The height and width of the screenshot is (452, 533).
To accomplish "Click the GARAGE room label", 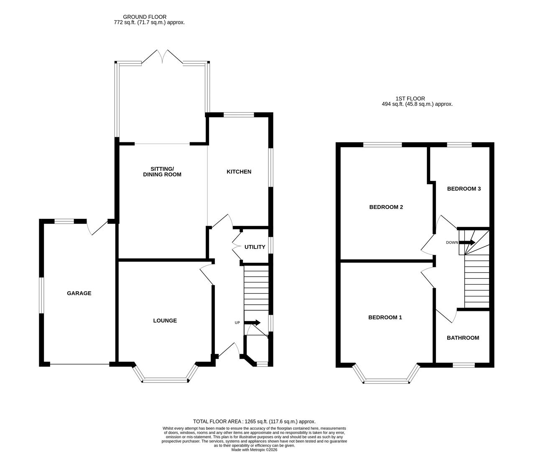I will [79, 293].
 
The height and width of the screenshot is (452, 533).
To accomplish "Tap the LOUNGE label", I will [165, 321].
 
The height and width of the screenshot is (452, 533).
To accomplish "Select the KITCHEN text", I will [239, 172].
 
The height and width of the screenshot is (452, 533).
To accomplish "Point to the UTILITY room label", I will [255, 247].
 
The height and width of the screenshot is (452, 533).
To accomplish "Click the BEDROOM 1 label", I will [385, 317].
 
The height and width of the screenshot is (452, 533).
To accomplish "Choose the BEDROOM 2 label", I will [386, 207].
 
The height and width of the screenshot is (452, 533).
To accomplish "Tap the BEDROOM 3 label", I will [464, 189].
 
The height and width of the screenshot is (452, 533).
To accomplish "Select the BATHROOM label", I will [463, 338].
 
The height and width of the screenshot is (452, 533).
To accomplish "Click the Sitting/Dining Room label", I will [162, 172].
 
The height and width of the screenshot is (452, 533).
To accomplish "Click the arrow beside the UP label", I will [252, 323].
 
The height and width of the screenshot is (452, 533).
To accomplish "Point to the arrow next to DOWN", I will [467, 242].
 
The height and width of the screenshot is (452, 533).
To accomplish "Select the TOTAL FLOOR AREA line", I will [254, 421].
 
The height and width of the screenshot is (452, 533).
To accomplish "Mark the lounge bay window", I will [165, 380].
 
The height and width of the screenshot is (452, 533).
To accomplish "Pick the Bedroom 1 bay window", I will [386, 381].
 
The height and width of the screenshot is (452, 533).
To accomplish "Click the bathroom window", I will [464, 365].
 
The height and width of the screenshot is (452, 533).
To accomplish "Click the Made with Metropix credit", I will [254, 450].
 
